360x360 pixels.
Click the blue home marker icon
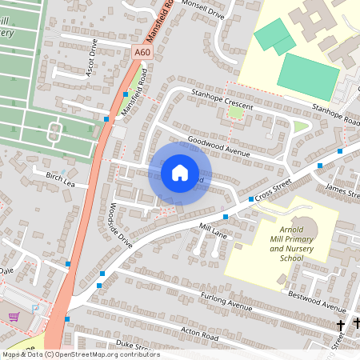[180, 172]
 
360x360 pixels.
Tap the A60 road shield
[142, 53]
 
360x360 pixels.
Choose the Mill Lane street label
[214, 234]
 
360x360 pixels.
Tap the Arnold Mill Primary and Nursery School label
[291, 243]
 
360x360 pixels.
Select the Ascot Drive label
[92, 58]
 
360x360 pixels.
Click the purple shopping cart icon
[14, 317]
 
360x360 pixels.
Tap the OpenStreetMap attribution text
[80, 354]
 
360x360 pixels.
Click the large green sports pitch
[309, 75]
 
